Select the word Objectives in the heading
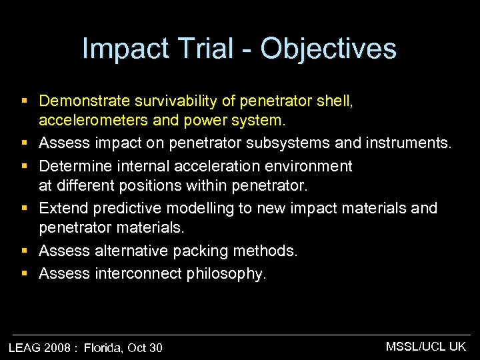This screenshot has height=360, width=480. click(329, 49)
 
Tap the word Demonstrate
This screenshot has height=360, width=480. click(83, 101)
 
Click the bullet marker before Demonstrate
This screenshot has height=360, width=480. click(25, 102)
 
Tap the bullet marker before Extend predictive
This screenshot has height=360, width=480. click(25, 209)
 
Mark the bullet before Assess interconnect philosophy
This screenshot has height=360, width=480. click(25, 273)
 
